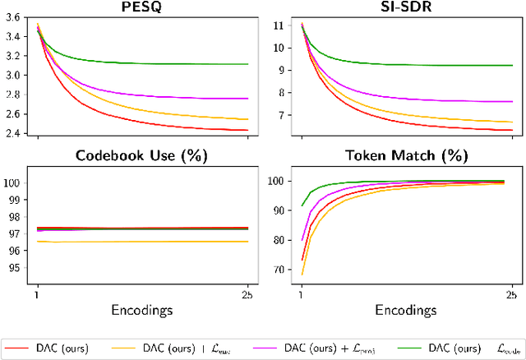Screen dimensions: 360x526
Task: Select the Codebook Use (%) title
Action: [x=142, y=155]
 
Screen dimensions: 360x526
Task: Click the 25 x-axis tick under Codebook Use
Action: [x=247, y=294]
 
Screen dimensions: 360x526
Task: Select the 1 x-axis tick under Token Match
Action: [x=302, y=294]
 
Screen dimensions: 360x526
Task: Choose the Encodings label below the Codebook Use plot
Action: [x=142, y=312]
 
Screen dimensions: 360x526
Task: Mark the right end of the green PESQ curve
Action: [x=247, y=63]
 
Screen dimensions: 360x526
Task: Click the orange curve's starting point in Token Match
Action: [x=302, y=275]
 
